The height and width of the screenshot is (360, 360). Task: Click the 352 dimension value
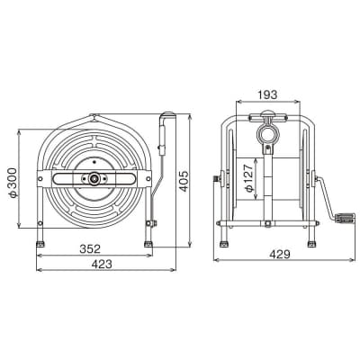(90, 248)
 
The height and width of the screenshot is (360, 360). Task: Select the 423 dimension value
(102, 264)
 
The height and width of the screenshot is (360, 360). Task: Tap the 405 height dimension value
(184, 181)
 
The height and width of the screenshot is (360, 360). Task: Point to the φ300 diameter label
(13, 183)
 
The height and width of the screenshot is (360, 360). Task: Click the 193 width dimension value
(267, 94)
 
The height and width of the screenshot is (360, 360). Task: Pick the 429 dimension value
(280, 255)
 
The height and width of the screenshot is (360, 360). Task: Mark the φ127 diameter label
(249, 178)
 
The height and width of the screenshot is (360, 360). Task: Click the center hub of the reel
(94, 178)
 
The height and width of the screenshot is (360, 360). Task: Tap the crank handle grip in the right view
(345, 218)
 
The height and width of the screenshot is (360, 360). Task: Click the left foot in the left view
(40, 244)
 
